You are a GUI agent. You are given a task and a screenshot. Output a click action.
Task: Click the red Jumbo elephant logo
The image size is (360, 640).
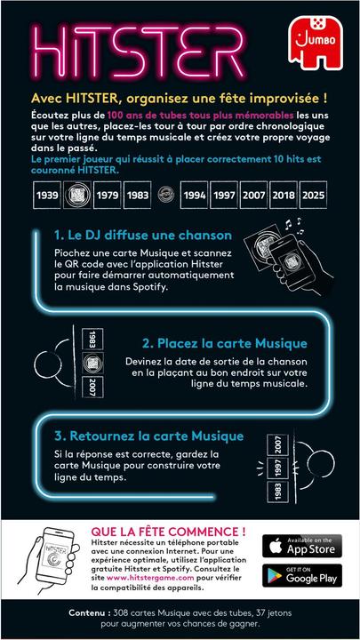[316, 44]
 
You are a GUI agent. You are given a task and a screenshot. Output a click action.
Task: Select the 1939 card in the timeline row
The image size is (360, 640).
[47, 195]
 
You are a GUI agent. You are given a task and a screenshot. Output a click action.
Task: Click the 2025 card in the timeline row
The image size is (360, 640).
[313, 195]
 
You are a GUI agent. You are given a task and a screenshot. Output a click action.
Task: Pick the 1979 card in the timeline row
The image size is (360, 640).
[107, 195]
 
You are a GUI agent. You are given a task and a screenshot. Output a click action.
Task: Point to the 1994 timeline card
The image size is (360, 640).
[195, 195]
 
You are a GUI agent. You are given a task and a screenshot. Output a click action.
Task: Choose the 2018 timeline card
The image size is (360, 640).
[284, 195]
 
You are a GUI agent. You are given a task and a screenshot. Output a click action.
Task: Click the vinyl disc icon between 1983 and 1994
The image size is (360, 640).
[165, 195]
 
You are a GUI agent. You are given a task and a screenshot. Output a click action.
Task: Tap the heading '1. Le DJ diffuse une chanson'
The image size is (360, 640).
[143, 235]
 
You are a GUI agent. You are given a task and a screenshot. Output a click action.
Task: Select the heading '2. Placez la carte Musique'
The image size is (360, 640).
[225, 343]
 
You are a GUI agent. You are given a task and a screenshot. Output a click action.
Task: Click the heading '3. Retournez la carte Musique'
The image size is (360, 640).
[149, 436]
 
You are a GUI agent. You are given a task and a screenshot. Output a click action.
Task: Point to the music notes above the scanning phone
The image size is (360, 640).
[294, 226]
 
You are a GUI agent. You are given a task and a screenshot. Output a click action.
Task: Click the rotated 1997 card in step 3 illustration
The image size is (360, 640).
[278, 468]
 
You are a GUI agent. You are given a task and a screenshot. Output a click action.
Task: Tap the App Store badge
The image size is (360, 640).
[302, 546]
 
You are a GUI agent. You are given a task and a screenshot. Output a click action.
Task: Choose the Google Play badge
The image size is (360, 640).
[302, 575]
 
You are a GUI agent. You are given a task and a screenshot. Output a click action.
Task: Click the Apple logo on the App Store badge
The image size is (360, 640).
[276, 546]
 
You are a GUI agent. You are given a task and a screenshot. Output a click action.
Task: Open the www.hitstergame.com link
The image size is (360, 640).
[150, 578]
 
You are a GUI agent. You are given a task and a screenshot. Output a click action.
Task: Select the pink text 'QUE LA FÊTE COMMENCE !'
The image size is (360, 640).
[168, 532]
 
